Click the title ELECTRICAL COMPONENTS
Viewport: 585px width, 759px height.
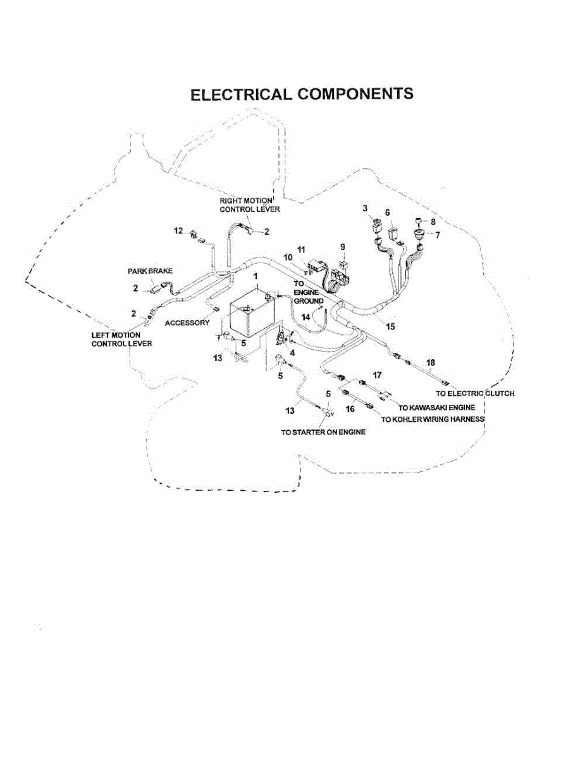point(302,94)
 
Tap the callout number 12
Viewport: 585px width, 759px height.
point(178,231)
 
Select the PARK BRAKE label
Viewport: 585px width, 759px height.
point(151,271)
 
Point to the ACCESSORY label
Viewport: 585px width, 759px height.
point(187,323)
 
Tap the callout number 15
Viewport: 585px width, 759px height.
point(390,326)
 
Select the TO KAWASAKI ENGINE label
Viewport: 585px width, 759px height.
point(436,408)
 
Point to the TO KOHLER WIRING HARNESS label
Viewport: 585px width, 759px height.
point(433,420)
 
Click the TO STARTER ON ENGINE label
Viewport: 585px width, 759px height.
point(323,433)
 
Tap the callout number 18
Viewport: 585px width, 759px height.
point(431,362)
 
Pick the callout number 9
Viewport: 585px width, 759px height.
point(343,246)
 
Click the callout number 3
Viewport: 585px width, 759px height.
point(365,208)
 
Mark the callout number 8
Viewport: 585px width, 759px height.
point(433,222)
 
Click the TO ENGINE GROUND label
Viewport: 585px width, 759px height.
point(309,293)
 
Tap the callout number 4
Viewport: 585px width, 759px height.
point(292,352)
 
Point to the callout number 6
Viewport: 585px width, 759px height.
point(388,213)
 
